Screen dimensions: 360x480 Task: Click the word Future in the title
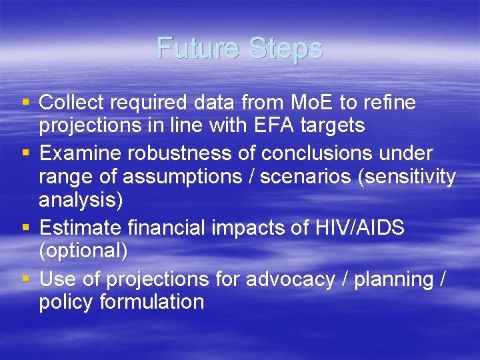pyautogui.click(x=199, y=49)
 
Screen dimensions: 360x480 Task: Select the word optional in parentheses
pyautogui.click(x=83, y=250)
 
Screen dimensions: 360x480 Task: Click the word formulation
pyautogui.click(x=152, y=302)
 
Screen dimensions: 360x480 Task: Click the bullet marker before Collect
pyautogui.click(x=25, y=103)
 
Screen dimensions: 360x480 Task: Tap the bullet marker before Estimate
pyautogui.click(x=25, y=228)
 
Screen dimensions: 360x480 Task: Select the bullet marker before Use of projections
pyautogui.click(x=25, y=279)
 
